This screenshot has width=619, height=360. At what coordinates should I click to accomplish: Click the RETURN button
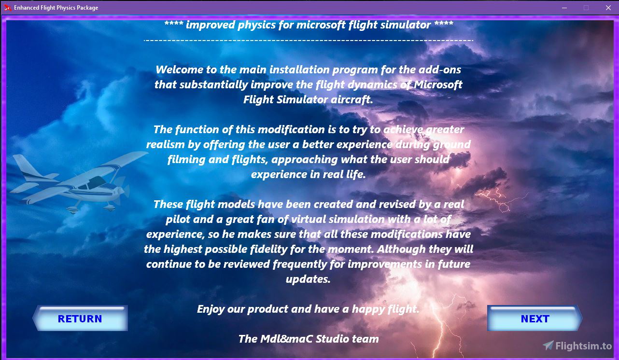[x=80, y=318]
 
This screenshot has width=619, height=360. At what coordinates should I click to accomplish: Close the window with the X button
[x=608, y=8]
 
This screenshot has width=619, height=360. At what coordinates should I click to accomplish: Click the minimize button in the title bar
[x=564, y=8]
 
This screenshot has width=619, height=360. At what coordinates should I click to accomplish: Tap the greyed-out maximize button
[x=586, y=8]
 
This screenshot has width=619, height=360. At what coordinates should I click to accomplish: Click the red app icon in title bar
[x=8, y=8]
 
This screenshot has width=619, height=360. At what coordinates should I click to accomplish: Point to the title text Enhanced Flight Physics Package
[x=56, y=8]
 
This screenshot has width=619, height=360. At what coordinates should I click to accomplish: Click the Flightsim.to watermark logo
[x=577, y=346]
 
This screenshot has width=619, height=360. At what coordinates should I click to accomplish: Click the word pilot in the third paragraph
[x=179, y=220]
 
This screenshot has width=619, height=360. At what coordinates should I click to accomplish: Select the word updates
[x=308, y=279]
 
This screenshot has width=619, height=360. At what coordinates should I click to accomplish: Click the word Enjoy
[x=211, y=309]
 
